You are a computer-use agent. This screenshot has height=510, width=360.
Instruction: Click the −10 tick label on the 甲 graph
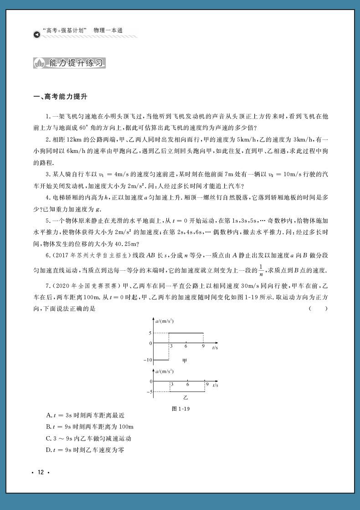pyautogui.click(x=148, y=360)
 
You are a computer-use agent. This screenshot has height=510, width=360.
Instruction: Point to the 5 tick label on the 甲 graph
pyautogui.click(x=150, y=333)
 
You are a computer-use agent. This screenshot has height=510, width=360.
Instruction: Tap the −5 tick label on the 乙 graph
pyautogui.click(x=149, y=392)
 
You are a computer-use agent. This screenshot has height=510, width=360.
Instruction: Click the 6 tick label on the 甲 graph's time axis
pyautogui.click(x=186, y=346)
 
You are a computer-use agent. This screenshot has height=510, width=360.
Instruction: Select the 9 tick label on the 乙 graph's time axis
pyautogui.click(x=207, y=385)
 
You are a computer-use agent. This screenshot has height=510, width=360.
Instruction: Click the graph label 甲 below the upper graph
pyautogui.click(x=185, y=361)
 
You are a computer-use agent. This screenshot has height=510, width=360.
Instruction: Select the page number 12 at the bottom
pyautogui.click(x=41, y=472)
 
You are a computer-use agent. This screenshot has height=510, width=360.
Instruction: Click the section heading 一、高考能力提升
pyautogui.click(x=60, y=97)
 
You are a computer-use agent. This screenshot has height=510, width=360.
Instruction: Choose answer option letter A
pyautogui.click(x=48, y=415)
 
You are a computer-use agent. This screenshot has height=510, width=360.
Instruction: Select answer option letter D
pyautogui.click(x=48, y=450)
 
